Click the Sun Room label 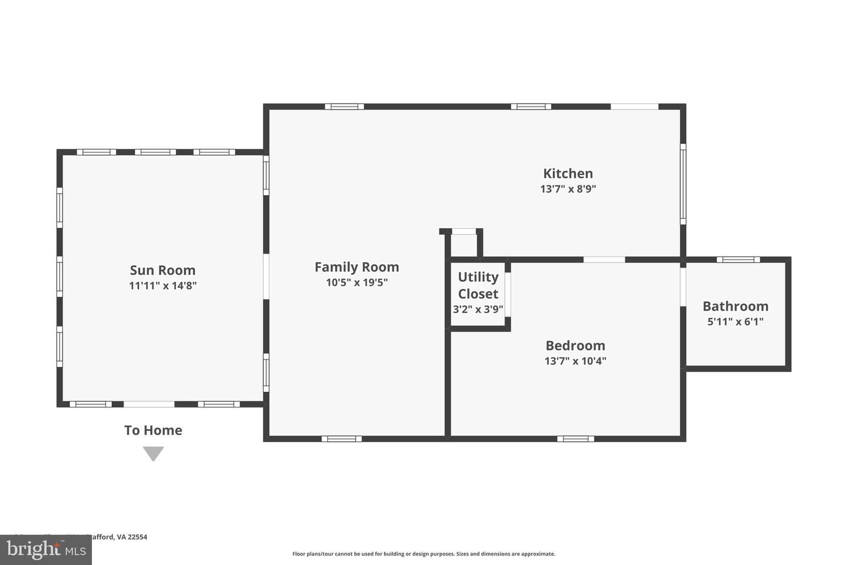163,270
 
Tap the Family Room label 356,267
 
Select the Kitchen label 568,174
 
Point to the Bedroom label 575,345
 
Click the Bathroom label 735,306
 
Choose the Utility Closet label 478,285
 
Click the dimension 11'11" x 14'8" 163,286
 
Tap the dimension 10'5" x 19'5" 356,282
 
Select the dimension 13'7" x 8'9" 568,189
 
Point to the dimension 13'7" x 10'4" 575,361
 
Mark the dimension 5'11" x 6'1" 735,321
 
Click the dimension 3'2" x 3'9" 478,309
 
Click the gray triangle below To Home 153,453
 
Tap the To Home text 153,430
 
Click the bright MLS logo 46,550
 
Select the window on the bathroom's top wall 738,260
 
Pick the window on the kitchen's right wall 683,184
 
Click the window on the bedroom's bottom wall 575,438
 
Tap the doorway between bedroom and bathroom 683,287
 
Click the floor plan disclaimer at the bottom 423,554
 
